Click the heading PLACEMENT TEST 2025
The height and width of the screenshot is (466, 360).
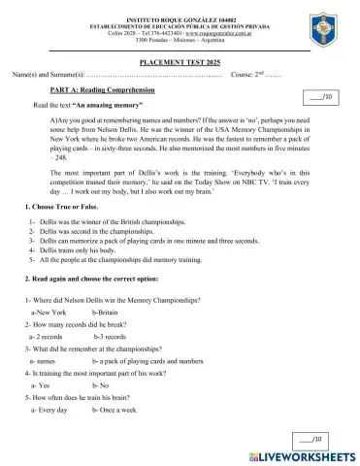point(180,60)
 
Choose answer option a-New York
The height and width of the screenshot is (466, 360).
point(49,314)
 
